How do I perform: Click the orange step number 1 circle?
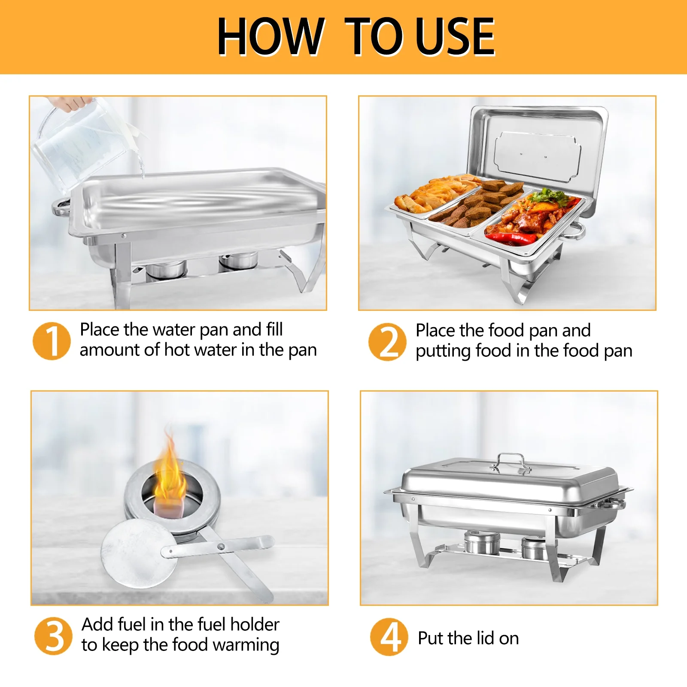(x=52, y=341)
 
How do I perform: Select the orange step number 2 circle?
(x=387, y=342)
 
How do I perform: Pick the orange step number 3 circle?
(x=53, y=636)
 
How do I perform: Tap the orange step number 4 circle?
(x=389, y=637)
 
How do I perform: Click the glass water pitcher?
(x=86, y=144)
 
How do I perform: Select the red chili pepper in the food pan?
(x=511, y=237)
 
